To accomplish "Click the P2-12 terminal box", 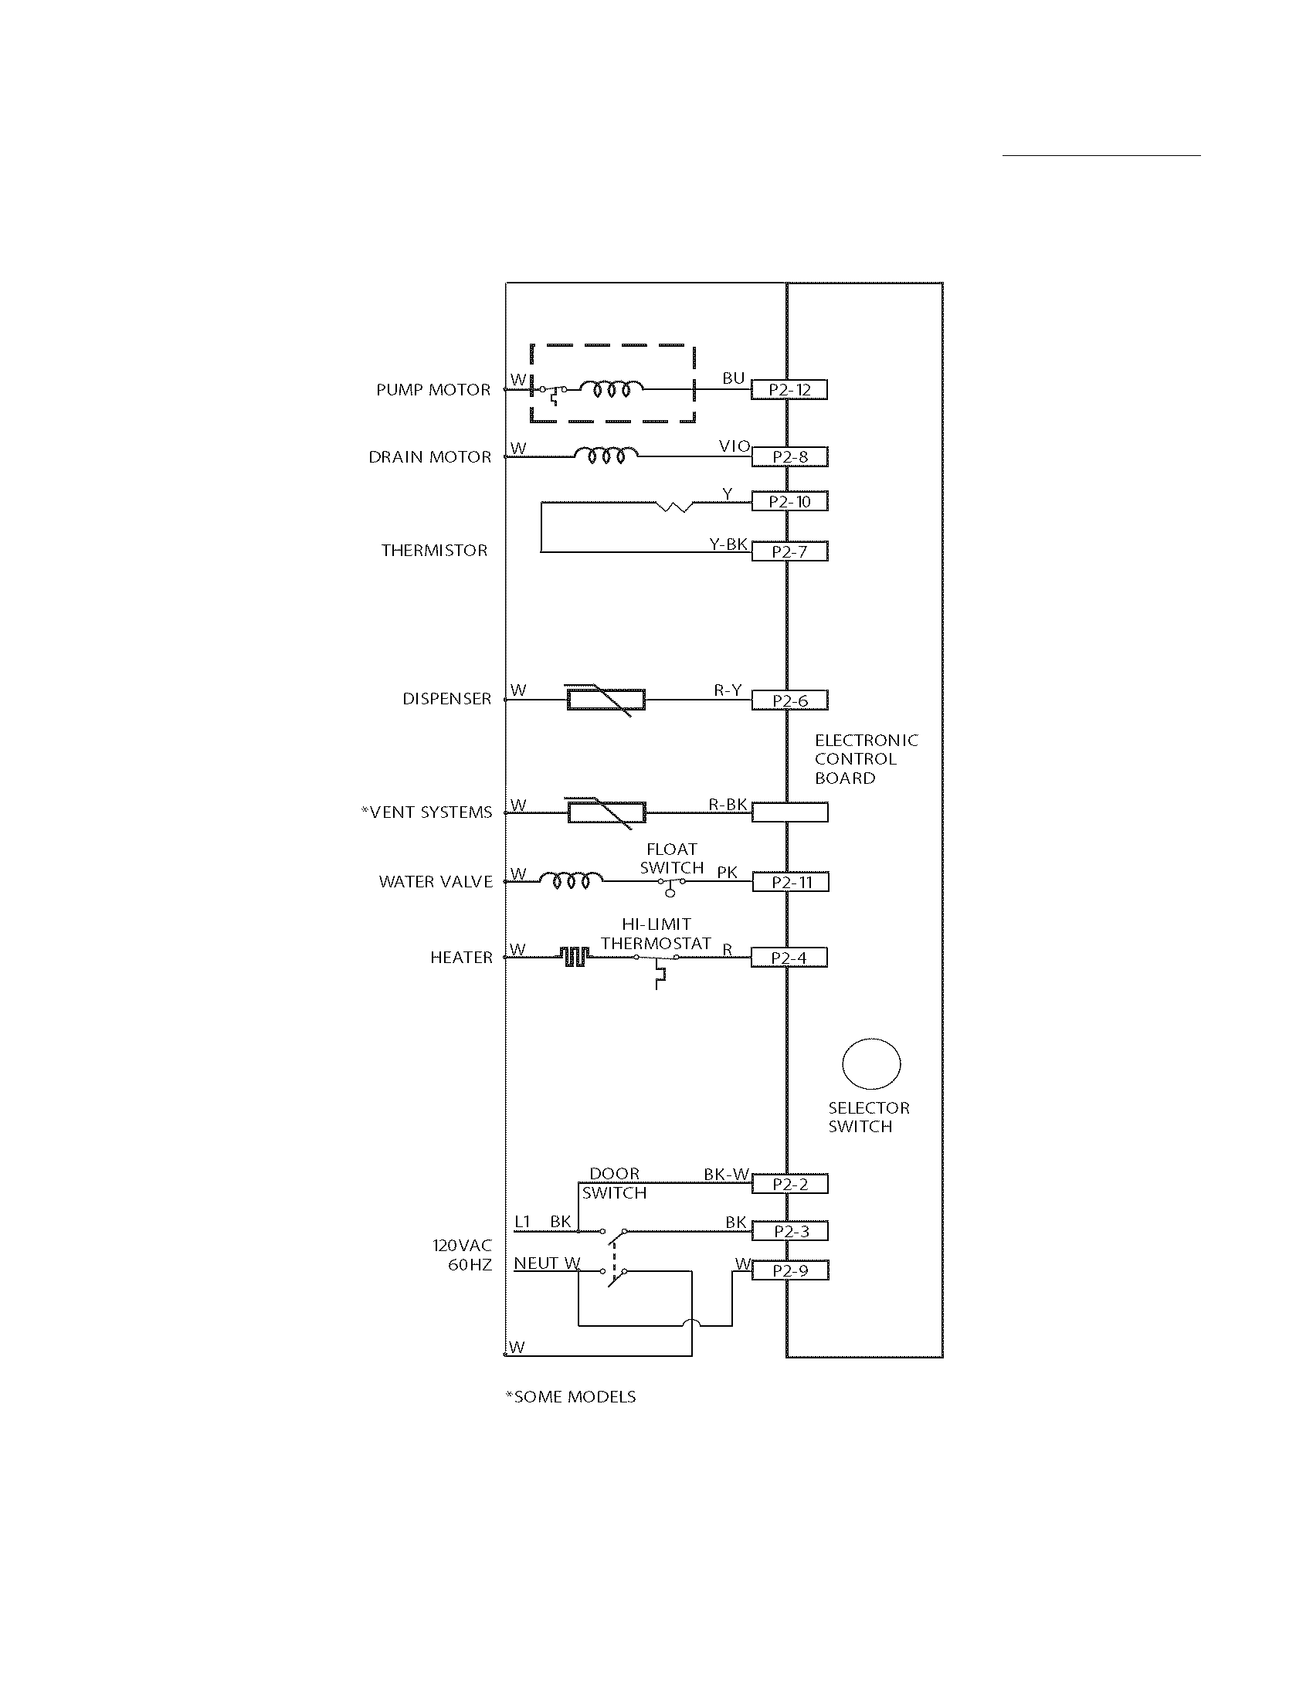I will (789, 390).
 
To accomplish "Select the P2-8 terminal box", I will (789, 456).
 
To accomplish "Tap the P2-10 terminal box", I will (789, 502).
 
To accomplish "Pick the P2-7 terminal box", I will (789, 551).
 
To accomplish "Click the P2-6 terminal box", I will (789, 700).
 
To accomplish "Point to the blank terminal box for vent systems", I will (789, 812).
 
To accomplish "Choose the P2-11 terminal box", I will (789, 882).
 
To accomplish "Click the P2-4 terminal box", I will (789, 958).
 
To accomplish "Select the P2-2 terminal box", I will (789, 1184).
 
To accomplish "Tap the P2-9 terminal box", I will (789, 1270).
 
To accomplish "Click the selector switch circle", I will (871, 1063).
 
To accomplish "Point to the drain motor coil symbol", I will (606, 456).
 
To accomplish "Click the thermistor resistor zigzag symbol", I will (674, 507).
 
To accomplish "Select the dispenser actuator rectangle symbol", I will (606, 700).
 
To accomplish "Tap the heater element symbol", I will (574, 957).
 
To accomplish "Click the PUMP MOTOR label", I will (433, 390).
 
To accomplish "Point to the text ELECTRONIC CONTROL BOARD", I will (866, 759).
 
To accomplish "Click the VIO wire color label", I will (734, 446).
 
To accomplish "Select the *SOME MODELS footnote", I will (570, 1396).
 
